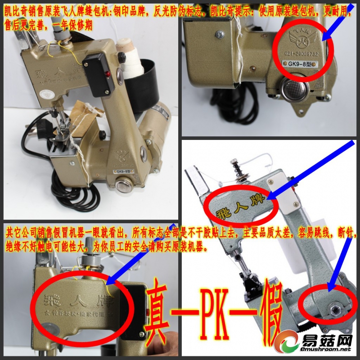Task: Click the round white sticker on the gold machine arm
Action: (45, 94)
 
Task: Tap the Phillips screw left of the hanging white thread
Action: (219, 34)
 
